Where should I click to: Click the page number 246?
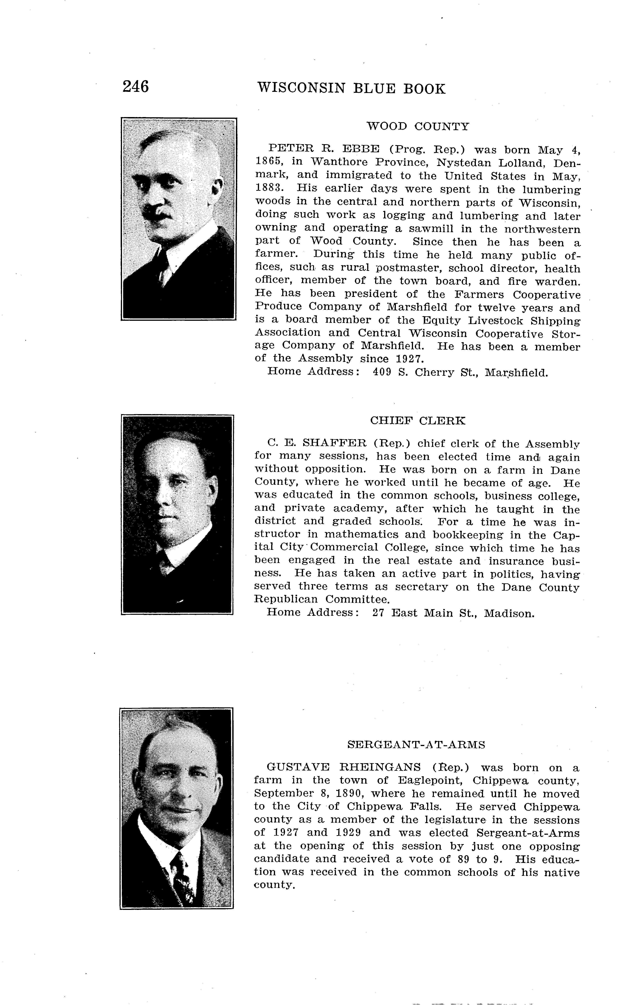coord(135,87)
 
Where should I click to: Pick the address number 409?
coord(381,372)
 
